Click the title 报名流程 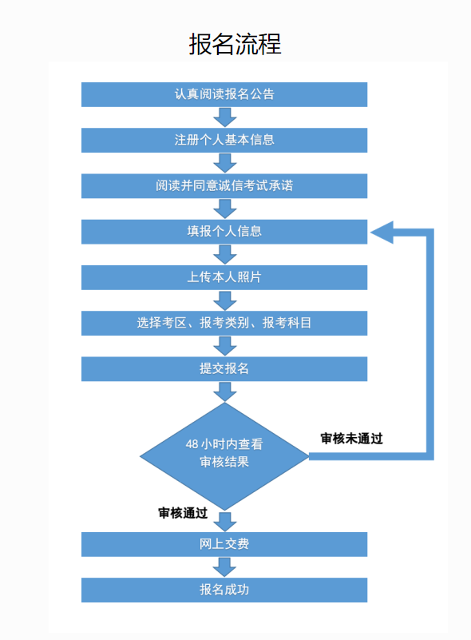(x=235, y=44)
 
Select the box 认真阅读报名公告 (x=224, y=95)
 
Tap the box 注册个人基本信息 (x=224, y=141)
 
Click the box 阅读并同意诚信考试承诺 (x=224, y=186)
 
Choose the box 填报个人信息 (x=224, y=232)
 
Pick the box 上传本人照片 (x=224, y=277)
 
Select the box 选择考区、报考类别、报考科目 (x=224, y=324)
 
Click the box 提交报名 (x=224, y=369)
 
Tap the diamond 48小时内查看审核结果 (x=224, y=456)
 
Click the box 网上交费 (x=224, y=544)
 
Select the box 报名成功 (x=224, y=590)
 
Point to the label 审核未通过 (x=351, y=439)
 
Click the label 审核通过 (x=183, y=513)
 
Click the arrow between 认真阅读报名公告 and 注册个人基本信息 (x=224, y=117)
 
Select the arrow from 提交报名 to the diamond (x=224, y=392)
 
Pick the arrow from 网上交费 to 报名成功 (x=224, y=567)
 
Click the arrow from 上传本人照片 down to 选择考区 (x=224, y=300)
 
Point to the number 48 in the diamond (x=192, y=444)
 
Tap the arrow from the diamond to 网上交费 (x=224, y=522)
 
